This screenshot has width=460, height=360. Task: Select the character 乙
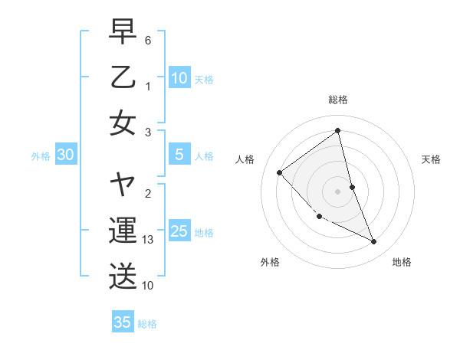point(123,77)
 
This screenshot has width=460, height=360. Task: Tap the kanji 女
point(123,122)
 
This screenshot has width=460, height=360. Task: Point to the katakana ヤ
point(123,185)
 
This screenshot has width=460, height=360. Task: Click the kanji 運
point(123,231)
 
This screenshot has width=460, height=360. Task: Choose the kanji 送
point(123,275)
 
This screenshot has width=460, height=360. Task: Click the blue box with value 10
point(179,77)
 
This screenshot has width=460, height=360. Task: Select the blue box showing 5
point(179,155)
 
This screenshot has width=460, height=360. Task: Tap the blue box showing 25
point(179,231)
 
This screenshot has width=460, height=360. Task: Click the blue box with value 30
point(65,155)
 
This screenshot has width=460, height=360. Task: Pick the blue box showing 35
point(122,322)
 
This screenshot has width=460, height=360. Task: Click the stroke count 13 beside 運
point(148,241)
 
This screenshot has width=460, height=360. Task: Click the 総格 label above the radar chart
point(337,100)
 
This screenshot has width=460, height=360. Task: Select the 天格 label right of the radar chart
point(432,159)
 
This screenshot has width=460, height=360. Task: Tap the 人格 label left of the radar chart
point(245,159)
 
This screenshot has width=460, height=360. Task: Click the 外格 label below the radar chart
point(270,262)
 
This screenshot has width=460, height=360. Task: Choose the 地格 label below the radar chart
point(402,262)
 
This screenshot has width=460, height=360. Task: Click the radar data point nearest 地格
point(374,241)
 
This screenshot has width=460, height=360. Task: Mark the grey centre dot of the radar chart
point(337,191)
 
